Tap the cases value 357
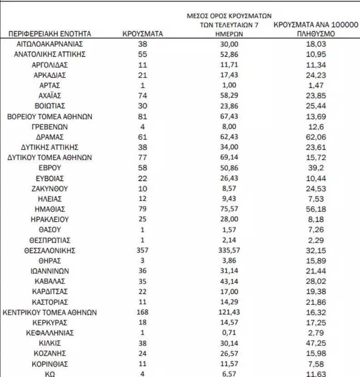pyautogui.click(x=143, y=250)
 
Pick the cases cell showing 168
pyautogui.click(x=143, y=312)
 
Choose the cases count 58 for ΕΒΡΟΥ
pyautogui.click(x=143, y=168)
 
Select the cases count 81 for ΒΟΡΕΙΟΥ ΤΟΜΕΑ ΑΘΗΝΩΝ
pyautogui.click(x=143, y=117)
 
